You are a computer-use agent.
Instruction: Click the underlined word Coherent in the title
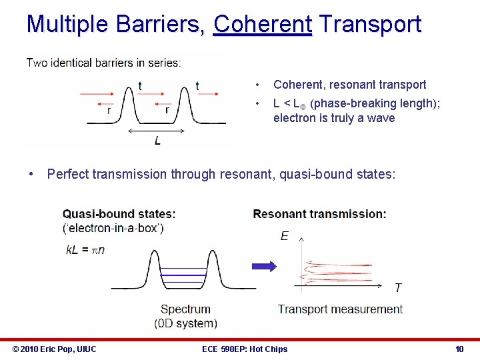coord(262,25)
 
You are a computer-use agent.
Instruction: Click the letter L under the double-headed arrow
coord(157,141)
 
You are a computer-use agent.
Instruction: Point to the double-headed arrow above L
coord(157,131)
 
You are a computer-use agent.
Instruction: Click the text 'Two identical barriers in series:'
coord(103,63)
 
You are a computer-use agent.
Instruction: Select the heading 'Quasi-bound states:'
coord(119,214)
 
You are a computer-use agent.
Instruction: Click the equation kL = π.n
coord(85,249)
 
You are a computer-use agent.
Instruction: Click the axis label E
coord(285,236)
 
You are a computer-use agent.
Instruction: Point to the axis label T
coord(398,288)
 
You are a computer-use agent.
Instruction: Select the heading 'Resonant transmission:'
coord(319,214)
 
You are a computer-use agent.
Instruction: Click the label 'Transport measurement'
coord(340,309)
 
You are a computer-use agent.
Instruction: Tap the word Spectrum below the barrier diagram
coord(185,309)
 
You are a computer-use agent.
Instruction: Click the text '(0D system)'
coord(185,323)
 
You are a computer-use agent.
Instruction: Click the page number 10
coord(459,349)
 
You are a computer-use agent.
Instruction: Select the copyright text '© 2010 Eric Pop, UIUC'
coord(55,349)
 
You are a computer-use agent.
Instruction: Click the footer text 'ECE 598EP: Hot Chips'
coord(245,349)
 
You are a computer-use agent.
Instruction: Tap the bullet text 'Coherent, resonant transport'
coord(349,85)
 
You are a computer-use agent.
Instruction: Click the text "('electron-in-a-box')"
coord(113,227)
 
